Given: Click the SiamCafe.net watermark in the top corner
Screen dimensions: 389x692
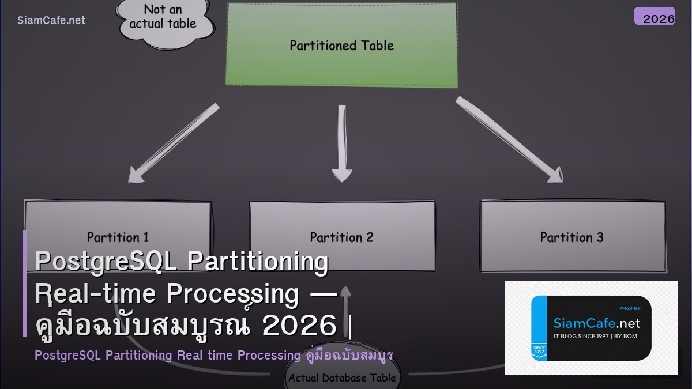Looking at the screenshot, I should coord(51,21).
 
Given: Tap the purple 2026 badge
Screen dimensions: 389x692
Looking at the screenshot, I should coord(655,17).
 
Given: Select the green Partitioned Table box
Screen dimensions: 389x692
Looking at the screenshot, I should coord(341,45).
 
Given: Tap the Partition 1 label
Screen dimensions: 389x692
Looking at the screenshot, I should coord(118,237).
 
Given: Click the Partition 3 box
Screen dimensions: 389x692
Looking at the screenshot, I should coord(572,236).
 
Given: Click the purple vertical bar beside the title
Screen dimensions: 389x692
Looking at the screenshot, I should coord(25,282).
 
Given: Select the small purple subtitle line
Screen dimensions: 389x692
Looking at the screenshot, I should coord(213,355).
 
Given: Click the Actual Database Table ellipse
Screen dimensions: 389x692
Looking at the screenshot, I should coord(342,378).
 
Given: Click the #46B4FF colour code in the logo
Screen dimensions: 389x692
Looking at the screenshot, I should coord(630,308).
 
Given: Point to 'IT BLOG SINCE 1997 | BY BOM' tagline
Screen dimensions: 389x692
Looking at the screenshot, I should coord(595,336).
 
